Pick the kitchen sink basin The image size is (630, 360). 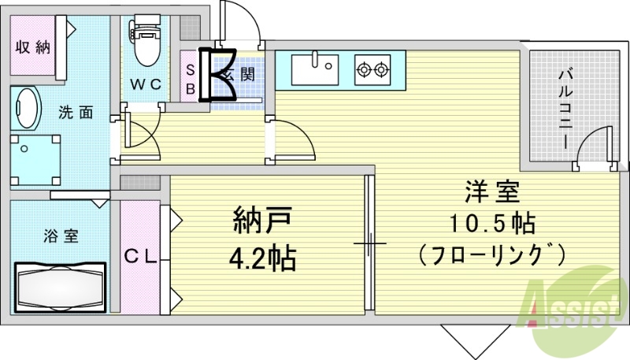[314, 69]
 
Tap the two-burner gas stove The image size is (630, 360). [372, 70]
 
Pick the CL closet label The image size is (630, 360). [141, 257]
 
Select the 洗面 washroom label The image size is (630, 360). [76, 113]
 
